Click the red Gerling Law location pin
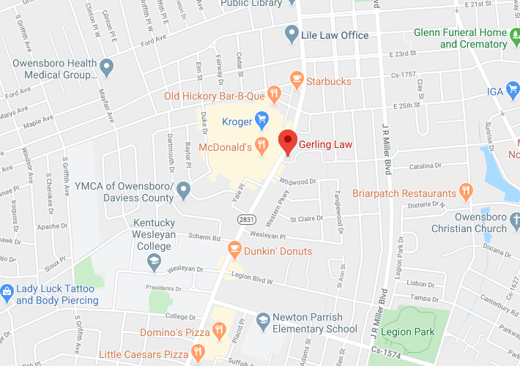[x=289, y=141]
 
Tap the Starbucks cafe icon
[x=296, y=78]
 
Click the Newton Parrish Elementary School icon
[x=262, y=319]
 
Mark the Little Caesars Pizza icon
[x=196, y=354]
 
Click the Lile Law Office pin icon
[x=291, y=34]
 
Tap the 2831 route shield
[x=245, y=219]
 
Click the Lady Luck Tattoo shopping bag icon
[x=7, y=292]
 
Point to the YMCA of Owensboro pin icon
[x=183, y=191]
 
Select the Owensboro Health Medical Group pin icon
[x=107, y=68]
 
